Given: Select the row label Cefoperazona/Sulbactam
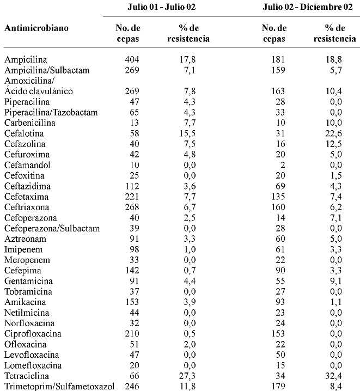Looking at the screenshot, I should pyautogui.click(x=52, y=228).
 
